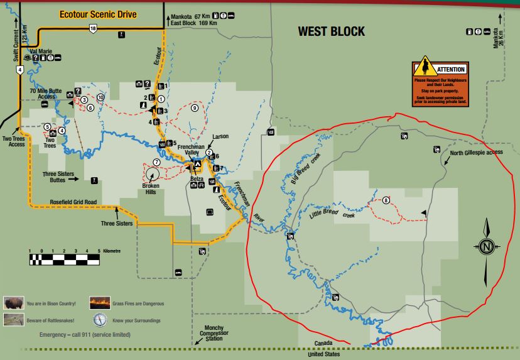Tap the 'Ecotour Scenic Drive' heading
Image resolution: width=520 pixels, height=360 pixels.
click(x=97, y=14)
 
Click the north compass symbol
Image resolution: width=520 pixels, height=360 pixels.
click(x=487, y=247)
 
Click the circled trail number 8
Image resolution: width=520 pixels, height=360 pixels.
click(x=386, y=200)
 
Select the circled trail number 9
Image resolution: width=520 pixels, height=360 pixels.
click(x=195, y=108)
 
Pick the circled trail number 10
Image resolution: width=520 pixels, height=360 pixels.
click(x=100, y=97)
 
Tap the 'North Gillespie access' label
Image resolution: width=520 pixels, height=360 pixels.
click(x=477, y=152)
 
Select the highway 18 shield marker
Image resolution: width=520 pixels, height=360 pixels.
click(x=93, y=29)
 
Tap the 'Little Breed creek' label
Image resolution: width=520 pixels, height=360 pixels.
click(x=332, y=214)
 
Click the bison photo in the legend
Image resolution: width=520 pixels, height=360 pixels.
click(x=14, y=304)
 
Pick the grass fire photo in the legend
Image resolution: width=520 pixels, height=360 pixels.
click(x=100, y=304)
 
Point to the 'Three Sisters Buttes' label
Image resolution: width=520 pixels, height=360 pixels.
click(x=57, y=176)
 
